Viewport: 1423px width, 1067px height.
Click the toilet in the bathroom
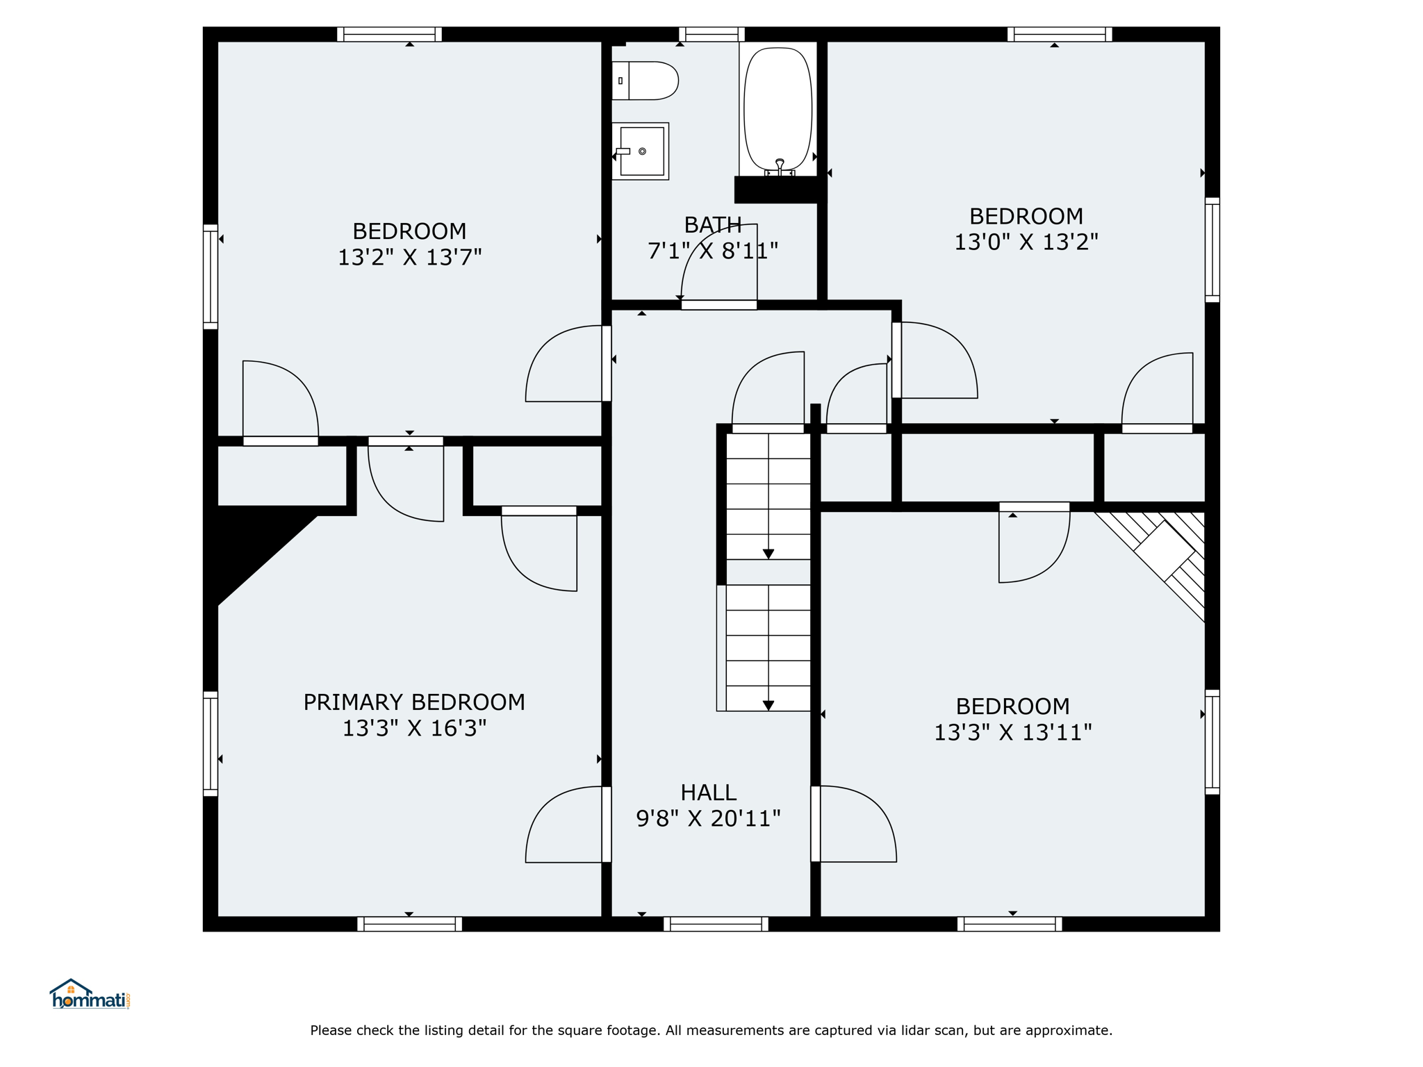[x=645, y=81]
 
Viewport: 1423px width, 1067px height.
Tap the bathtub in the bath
[x=778, y=109]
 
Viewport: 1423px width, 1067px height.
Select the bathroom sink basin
[x=641, y=151]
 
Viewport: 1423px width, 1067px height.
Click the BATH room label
[x=713, y=225]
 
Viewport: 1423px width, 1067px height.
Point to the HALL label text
[x=708, y=793]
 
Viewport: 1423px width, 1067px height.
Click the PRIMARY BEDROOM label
[x=414, y=702]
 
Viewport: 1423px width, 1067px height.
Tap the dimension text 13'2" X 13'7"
[x=410, y=258]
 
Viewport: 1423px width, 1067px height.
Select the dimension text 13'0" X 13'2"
[x=1026, y=242]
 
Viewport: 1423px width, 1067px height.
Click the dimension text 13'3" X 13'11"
[x=1013, y=733]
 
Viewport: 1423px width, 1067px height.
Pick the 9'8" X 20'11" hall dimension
[x=709, y=819]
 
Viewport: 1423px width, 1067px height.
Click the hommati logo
[x=90, y=995]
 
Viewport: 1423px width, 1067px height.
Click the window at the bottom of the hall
[x=716, y=924]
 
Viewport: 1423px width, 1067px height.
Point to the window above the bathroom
[x=711, y=34]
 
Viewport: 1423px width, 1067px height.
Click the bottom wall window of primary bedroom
[x=410, y=924]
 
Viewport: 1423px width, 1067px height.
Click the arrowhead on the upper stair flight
[x=768, y=554]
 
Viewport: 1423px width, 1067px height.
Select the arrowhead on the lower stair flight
[x=768, y=706]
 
